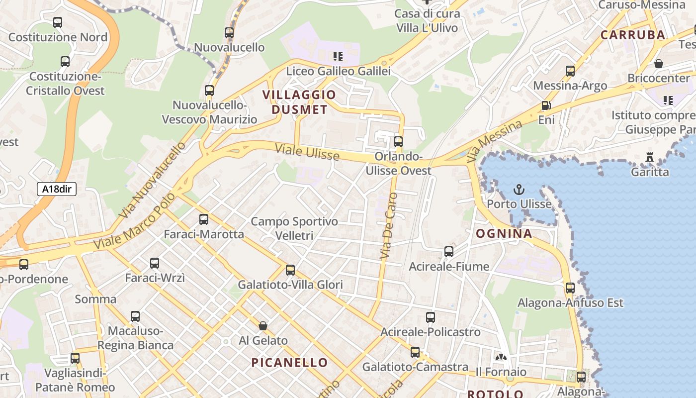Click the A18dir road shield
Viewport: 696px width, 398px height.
[56, 189]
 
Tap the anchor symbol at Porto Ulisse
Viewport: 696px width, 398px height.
[519, 190]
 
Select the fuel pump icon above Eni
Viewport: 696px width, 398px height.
[546, 105]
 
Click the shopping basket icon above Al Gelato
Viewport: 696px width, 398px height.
[263, 326]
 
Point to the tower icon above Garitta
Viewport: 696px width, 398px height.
[649, 157]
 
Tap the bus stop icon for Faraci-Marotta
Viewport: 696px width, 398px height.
[203, 219]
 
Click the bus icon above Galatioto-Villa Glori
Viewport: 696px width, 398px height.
[290, 270]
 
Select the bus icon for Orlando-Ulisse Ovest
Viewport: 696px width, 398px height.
[398, 141]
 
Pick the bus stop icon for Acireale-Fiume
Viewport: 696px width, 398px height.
[449, 252]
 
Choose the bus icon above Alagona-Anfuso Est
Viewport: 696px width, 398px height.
[570, 288]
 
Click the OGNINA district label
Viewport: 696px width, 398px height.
[504, 233]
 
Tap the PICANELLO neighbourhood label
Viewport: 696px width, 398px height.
[289, 362]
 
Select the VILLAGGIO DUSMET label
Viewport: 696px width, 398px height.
[299, 102]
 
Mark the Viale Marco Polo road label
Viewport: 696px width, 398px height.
[135, 221]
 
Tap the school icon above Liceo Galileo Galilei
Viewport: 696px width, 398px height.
[338, 57]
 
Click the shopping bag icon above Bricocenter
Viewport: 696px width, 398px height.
[659, 64]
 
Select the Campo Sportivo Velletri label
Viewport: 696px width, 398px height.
[294, 228]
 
